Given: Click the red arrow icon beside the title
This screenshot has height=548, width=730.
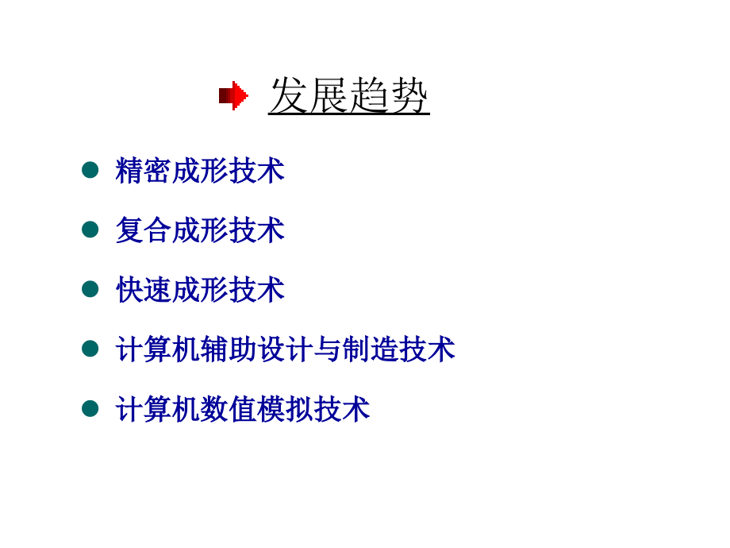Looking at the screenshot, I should [233, 96].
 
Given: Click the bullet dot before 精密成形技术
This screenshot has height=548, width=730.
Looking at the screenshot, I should [90, 170].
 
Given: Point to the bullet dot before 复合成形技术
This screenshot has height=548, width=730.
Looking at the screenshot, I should [90, 230].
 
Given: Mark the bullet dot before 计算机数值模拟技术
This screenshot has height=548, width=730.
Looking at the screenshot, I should [90, 408].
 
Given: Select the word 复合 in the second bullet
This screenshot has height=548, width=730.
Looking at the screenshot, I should [144, 230].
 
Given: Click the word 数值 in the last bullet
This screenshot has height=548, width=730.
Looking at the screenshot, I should [229, 409].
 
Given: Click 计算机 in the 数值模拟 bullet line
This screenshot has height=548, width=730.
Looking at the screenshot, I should [158, 409].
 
